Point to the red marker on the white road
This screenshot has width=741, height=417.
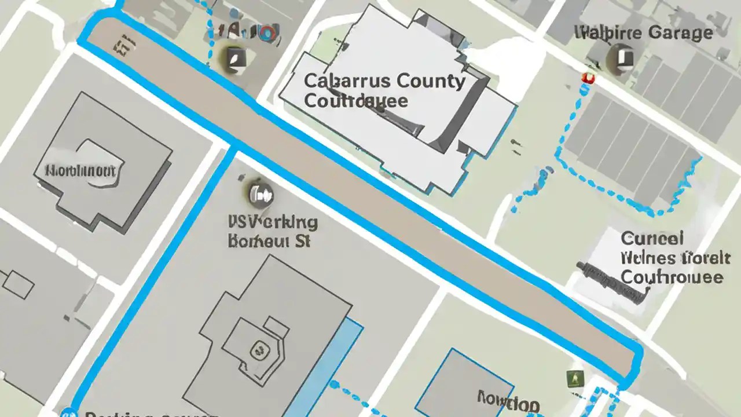[x=588, y=78]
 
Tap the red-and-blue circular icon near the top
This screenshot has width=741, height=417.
[x=266, y=33]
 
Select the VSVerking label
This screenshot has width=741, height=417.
[x=273, y=222]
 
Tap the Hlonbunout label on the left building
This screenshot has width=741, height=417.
[x=81, y=170]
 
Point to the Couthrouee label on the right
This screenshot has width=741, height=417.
[x=672, y=277]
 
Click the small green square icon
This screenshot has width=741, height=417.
[x=575, y=379]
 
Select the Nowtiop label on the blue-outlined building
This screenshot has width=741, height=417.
[x=508, y=399]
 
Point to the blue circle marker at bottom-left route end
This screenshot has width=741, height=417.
[x=68, y=413]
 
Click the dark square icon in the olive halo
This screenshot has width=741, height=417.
[x=234, y=56]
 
